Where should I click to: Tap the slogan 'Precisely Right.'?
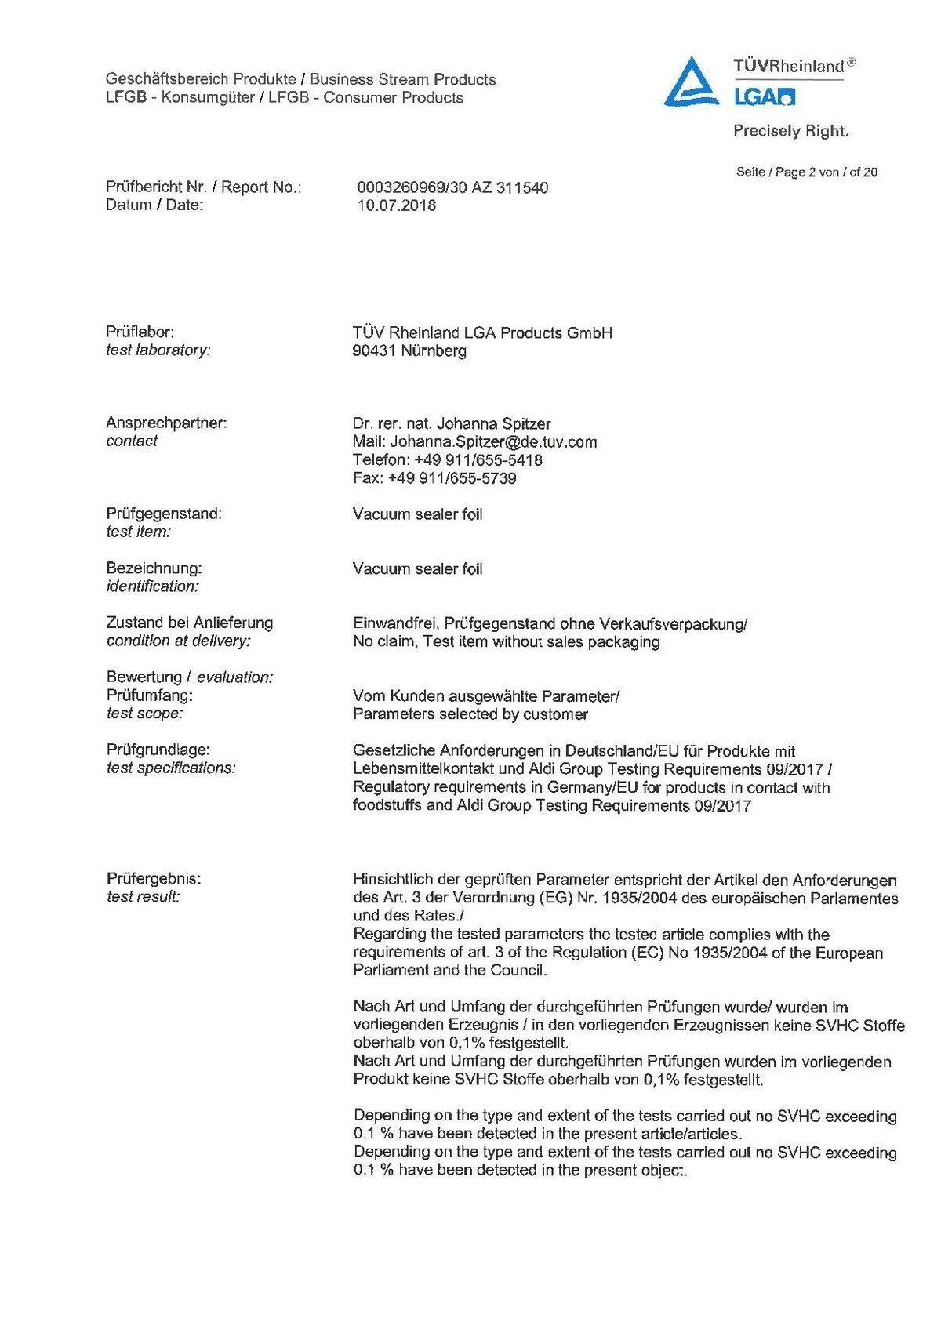(x=790, y=131)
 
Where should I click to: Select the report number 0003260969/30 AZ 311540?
(x=452, y=187)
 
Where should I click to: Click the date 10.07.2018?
(x=396, y=205)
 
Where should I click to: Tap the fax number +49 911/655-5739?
(x=452, y=478)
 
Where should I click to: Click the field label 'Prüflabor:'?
(x=140, y=332)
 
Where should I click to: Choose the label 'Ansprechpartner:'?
(x=166, y=423)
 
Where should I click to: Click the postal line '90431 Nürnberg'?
(x=409, y=350)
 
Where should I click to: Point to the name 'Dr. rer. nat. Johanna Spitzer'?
(x=451, y=423)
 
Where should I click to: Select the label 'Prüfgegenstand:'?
(x=164, y=514)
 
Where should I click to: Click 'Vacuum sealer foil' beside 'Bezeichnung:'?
(x=417, y=568)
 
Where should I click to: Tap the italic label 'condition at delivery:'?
(x=178, y=641)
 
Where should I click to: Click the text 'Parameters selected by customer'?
(x=470, y=714)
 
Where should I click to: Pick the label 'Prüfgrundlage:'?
(x=158, y=750)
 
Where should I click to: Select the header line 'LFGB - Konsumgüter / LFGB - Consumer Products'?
(x=284, y=98)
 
